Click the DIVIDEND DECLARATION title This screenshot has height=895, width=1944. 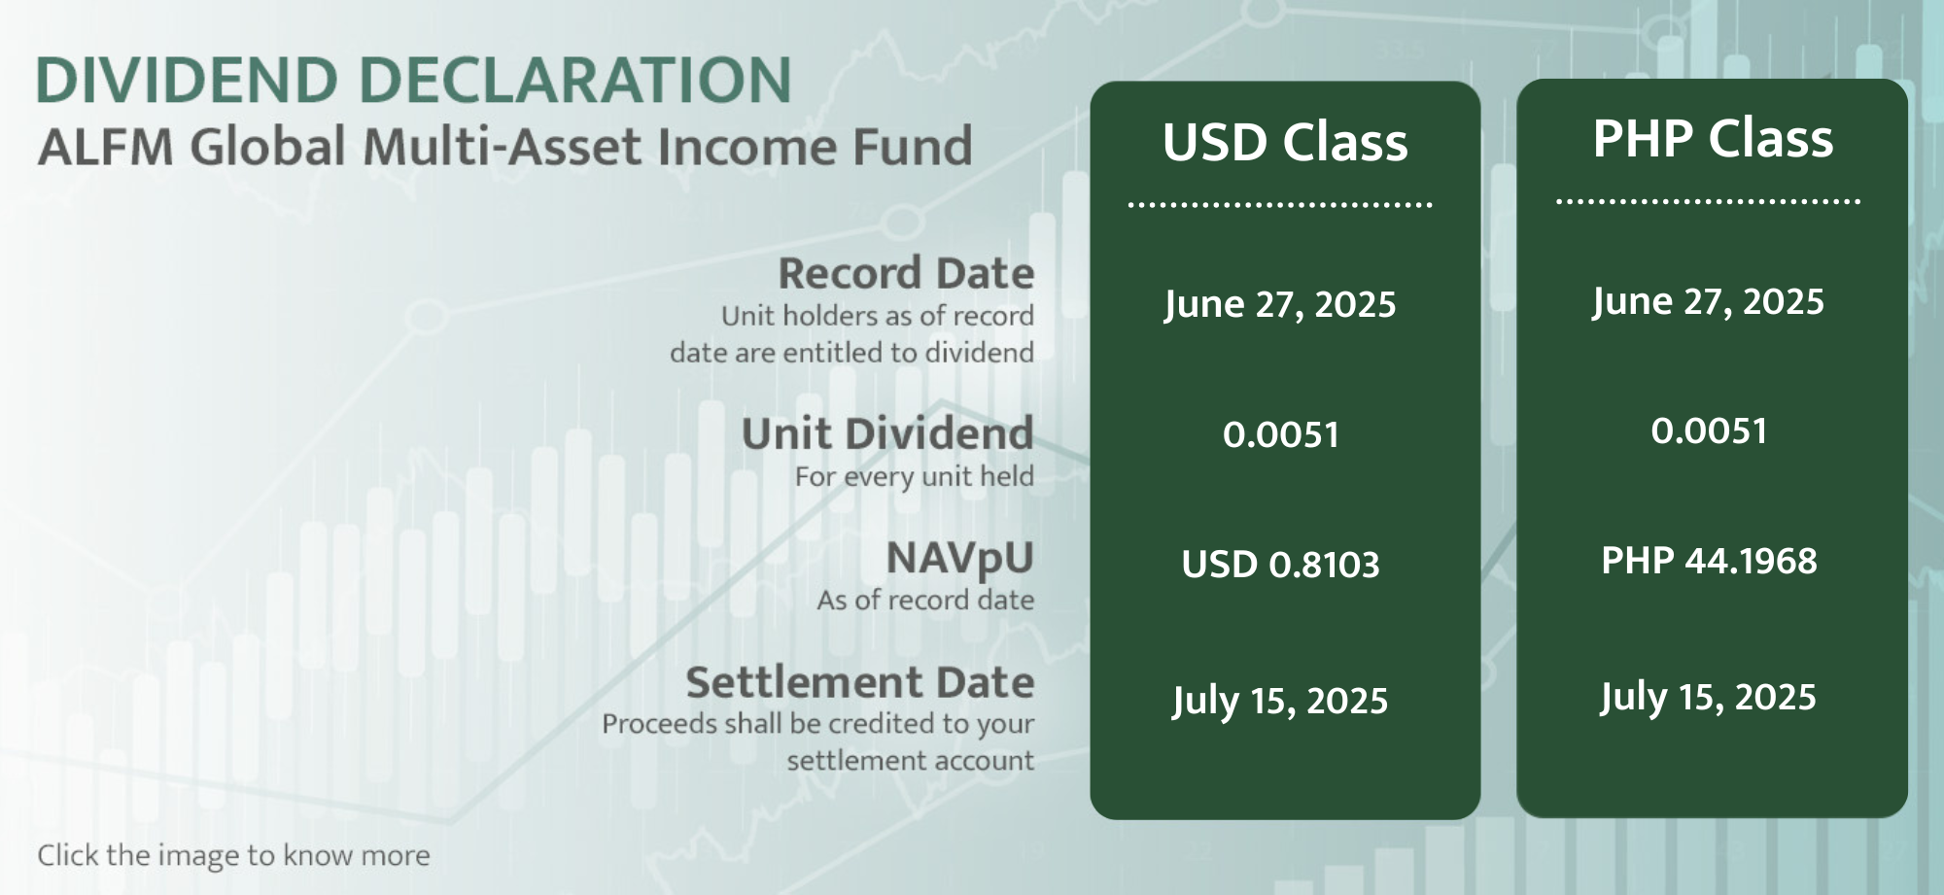click(414, 80)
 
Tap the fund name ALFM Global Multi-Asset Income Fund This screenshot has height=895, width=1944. click(504, 147)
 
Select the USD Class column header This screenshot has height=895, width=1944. click(1285, 142)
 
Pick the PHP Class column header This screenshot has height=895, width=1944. click(1713, 138)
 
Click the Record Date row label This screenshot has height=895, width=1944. click(906, 273)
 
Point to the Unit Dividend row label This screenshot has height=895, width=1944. click(887, 433)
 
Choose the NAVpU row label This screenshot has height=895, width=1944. click(960, 559)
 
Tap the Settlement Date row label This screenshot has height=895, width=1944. click(860, 682)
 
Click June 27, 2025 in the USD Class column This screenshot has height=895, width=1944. click(1280, 305)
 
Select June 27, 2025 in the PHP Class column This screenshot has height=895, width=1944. click(1708, 302)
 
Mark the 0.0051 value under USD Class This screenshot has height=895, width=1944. click(1281, 434)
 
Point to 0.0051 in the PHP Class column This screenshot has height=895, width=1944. click(1709, 430)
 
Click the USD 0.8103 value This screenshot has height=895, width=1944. click(1280, 565)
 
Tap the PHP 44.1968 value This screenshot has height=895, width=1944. click(1709, 561)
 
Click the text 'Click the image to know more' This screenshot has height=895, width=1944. click(233, 855)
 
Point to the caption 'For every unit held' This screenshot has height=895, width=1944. click(915, 476)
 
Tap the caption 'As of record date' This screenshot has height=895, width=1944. click(925, 600)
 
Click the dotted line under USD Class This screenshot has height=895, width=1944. click(1280, 205)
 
